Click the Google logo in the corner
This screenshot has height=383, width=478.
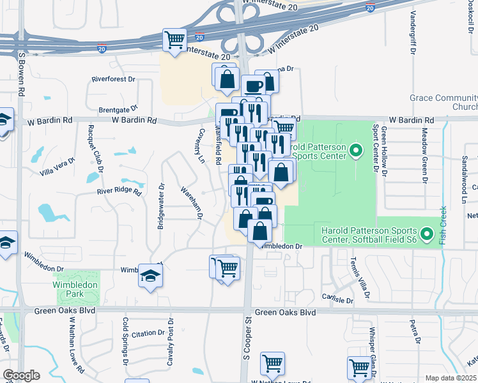21,375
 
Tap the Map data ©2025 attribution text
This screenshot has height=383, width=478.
450,378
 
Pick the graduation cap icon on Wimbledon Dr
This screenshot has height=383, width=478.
150,276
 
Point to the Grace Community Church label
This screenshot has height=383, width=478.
443,102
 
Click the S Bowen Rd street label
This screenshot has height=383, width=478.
21,73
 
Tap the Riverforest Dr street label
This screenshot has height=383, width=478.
114,80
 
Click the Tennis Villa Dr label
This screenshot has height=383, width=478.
358,278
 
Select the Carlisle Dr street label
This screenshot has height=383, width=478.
338,299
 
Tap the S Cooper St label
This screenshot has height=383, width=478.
245,345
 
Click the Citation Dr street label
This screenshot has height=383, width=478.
148,333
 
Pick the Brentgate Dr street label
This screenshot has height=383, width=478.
118,109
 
